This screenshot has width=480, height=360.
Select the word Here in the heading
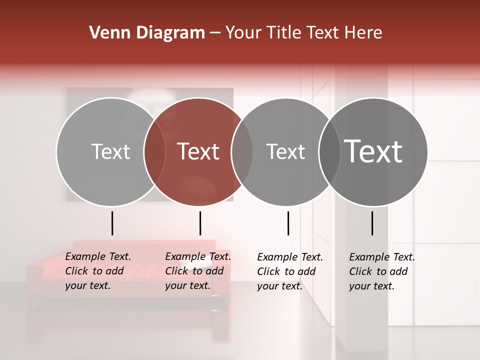(x=364, y=33)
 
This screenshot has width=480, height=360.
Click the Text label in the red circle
(x=198, y=151)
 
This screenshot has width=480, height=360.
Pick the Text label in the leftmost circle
(x=110, y=151)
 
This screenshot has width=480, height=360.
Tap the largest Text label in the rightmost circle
(x=373, y=151)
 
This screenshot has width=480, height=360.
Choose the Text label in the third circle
(x=285, y=151)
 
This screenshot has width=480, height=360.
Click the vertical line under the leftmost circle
(x=112, y=223)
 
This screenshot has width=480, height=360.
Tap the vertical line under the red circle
(x=200, y=223)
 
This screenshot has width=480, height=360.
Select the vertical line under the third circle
(x=288, y=223)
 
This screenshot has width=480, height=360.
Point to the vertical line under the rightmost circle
(x=372, y=223)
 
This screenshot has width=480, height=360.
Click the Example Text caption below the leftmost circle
(x=98, y=271)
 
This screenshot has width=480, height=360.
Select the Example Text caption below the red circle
(x=198, y=271)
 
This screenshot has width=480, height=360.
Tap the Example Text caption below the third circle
(x=290, y=271)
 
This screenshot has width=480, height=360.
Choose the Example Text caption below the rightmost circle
(x=382, y=271)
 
